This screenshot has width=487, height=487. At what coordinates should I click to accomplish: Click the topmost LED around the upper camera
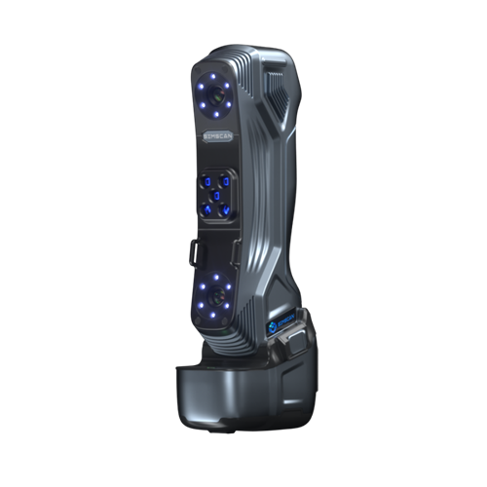tap(213, 72)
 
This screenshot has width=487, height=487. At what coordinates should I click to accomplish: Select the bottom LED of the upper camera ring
tap(213, 121)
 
